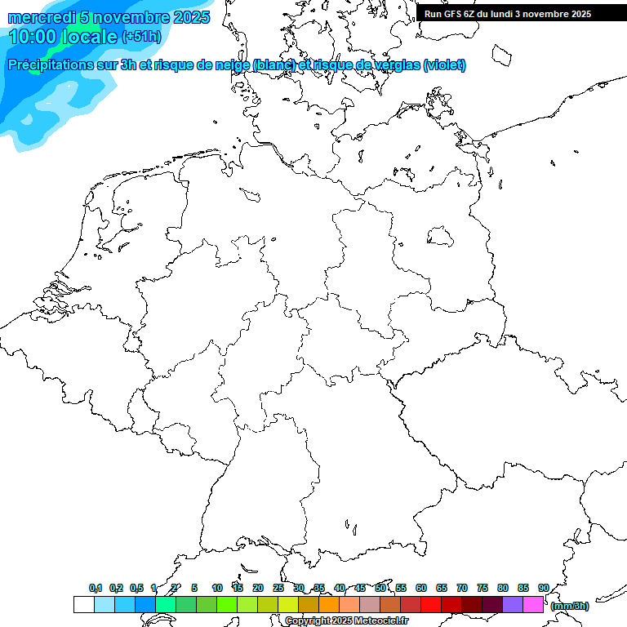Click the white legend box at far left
[x=83, y=605]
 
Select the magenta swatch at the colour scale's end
[x=533, y=605]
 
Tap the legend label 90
[x=544, y=588]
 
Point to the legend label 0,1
[x=96, y=588]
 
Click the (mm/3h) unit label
[x=569, y=606]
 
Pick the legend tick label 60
[x=421, y=588]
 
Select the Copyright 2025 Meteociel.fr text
[x=346, y=621]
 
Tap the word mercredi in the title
[x=41, y=17]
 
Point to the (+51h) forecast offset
[x=142, y=37]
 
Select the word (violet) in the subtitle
[x=444, y=64]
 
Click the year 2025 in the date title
[x=191, y=17]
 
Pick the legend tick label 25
[x=278, y=588]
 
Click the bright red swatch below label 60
[x=431, y=605]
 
